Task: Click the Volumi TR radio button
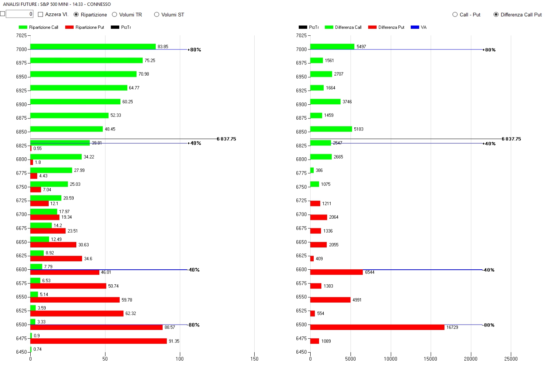[114, 15]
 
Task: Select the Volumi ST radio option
[156, 15]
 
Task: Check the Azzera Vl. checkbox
[41, 15]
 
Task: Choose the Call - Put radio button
[455, 15]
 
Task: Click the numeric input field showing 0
[19, 14]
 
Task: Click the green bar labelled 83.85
[93, 46]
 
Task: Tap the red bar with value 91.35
[99, 341]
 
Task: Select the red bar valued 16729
[377, 327]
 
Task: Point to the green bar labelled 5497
[332, 46]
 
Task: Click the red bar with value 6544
[336, 272]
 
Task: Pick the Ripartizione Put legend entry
[85, 27]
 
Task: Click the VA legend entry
[418, 27]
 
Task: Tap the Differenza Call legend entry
[343, 27]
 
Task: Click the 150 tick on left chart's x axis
[254, 359]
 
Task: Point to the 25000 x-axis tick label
[511, 359]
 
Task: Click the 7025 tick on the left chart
[21, 36]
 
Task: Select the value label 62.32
[131, 313]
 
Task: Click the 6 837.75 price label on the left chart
[226, 139]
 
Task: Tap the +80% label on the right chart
[490, 50]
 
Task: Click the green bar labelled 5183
[331, 129]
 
